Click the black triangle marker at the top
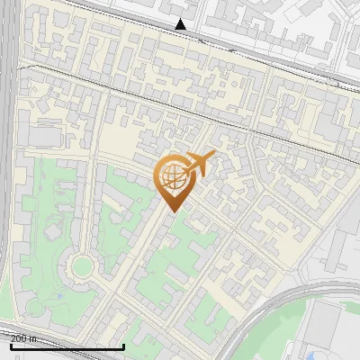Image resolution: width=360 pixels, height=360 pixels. coord(181,24)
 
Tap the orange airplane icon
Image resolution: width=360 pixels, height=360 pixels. coord(200,164)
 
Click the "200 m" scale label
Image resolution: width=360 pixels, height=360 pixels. coord(23,337)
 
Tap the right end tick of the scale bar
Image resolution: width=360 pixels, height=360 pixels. coord(123,344)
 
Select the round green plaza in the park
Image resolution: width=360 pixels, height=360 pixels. coord(82,265)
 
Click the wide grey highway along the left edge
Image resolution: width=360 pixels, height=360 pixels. coord(8,180)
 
